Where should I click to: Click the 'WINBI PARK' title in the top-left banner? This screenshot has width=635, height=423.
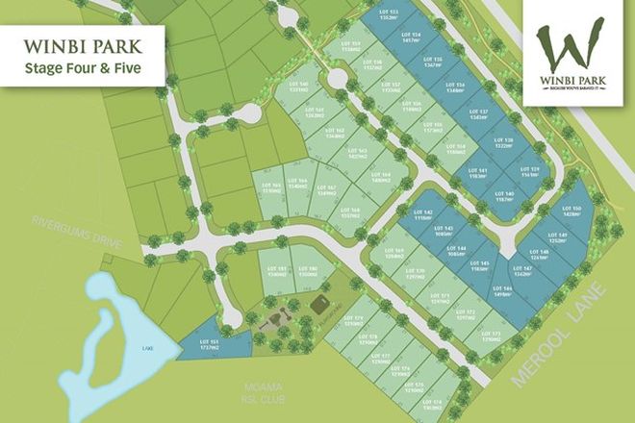pyautogui.click(x=81, y=44)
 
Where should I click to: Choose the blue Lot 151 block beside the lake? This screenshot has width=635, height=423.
pyautogui.click(x=214, y=345)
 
